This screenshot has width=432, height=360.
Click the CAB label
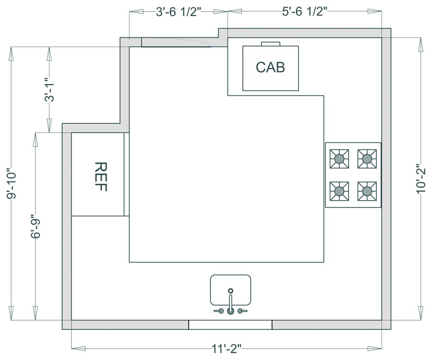[270, 67]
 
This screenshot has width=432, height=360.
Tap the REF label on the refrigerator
[101, 177]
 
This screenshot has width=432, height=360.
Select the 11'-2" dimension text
[227, 349]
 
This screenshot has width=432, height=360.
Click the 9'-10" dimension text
[12, 183]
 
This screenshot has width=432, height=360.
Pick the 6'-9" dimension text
[36, 226]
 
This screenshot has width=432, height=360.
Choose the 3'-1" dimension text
[49, 89]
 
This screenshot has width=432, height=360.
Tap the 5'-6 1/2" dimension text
[305, 12]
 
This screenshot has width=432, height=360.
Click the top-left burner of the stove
[339, 159]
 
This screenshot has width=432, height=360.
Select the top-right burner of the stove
[367, 159]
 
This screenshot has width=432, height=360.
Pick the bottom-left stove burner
[339, 191]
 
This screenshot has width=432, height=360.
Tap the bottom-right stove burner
[367, 191]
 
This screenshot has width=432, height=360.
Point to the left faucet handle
[219, 311]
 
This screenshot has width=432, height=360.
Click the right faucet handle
[242, 311]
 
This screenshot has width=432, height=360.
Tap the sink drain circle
[230, 290]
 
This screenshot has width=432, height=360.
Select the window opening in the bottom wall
[230, 325]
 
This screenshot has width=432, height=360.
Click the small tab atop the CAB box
[271, 44]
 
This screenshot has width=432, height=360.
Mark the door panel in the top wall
[176, 42]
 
